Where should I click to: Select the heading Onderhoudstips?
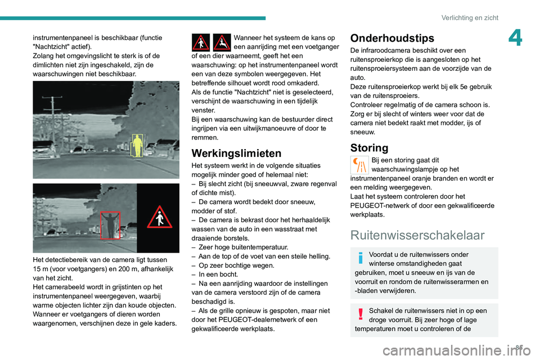(x=392, y=38)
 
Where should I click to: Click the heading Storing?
(x=369, y=148)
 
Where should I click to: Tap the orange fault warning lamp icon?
(x=359, y=165)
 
